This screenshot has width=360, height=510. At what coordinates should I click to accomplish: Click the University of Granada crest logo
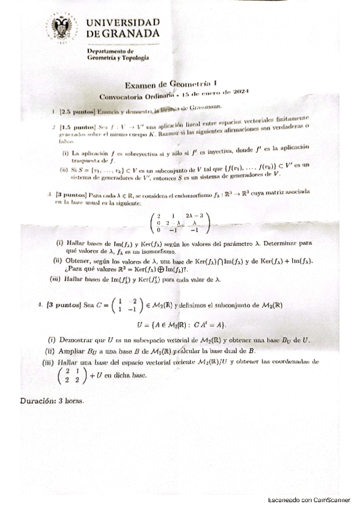(x=63, y=30)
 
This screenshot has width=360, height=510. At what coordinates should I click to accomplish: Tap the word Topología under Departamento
(x=133, y=58)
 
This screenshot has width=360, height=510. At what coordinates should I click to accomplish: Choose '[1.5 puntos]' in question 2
(x=76, y=127)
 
